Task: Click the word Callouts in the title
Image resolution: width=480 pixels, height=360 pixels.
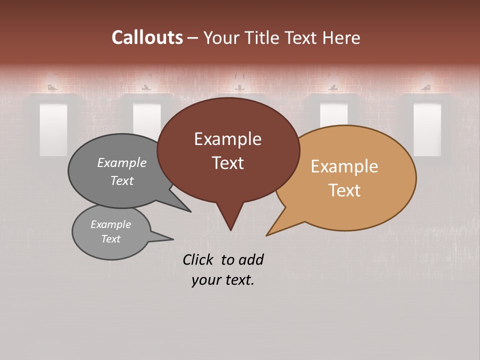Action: [147, 37]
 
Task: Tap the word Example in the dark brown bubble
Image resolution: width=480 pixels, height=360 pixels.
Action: [227, 139]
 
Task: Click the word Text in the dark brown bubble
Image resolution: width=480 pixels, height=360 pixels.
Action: [227, 163]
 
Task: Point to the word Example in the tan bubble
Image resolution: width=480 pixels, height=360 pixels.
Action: [344, 166]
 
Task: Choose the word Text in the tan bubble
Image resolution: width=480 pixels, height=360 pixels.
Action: [344, 190]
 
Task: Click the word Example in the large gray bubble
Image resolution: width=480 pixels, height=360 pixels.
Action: [122, 162]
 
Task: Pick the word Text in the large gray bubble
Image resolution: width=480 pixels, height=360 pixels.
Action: [122, 180]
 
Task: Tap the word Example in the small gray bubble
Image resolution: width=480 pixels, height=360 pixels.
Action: [110, 224]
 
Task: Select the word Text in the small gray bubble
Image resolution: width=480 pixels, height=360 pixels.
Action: [110, 239]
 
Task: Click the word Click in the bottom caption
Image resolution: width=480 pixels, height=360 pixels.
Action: [198, 259]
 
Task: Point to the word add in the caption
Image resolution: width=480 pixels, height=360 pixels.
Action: [250, 259]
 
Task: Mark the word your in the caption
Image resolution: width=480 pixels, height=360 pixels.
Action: [206, 280]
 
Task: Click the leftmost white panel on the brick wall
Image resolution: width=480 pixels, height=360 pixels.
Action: [53, 129]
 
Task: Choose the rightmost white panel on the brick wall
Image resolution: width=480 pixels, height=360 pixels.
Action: [427, 129]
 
